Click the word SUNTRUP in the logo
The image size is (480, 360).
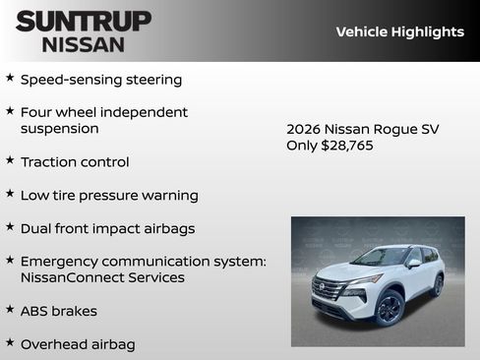click(84, 20)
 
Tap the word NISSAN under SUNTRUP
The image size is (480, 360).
click(84, 43)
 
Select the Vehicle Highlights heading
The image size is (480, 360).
click(399, 31)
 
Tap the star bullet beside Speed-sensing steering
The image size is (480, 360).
click(10, 78)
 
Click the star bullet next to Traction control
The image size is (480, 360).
click(10, 160)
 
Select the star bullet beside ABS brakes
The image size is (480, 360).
click(10, 310)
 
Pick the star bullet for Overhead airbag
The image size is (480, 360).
click(10, 343)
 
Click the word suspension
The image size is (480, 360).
click(60, 128)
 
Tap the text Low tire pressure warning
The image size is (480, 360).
click(109, 195)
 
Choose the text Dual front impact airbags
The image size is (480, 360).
click(107, 228)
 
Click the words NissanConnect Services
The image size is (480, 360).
click(102, 277)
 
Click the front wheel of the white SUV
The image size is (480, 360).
click(389, 308)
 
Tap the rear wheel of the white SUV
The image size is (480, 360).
click(437, 285)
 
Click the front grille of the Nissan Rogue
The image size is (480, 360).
click(329, 291)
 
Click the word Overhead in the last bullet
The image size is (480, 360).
click(53, 344)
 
